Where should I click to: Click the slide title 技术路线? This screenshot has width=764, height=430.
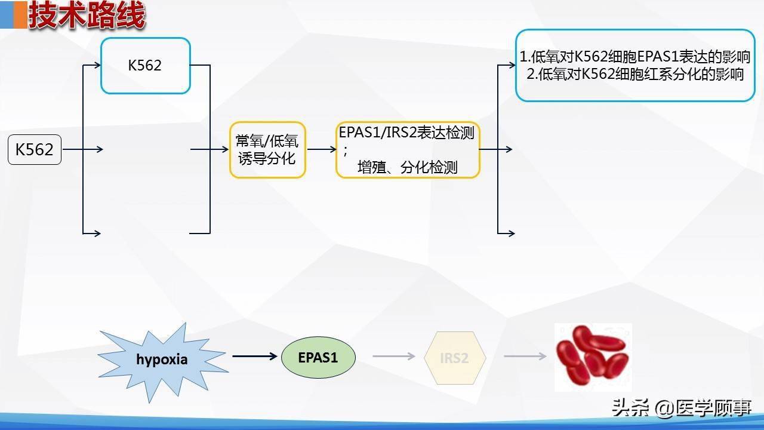pyautogui.click(x=87, y=16)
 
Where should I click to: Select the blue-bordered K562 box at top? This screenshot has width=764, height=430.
pyautogui.click(x=145, y=65)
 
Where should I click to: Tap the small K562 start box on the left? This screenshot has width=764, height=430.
pyautogui.click(x=35, y=149)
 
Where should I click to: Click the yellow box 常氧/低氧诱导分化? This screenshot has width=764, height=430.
pyautogui.click(x=267, y=150)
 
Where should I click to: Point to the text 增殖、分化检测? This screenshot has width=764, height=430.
pyautogui.click(x=407, y=167)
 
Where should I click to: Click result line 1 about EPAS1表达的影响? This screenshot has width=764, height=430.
pyautogui.click(x=635, y=57)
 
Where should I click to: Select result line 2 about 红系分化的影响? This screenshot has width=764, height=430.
pyautogui.click(x=635, y=74)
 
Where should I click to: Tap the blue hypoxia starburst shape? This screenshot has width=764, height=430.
pyautogui.click(x=162, y=359)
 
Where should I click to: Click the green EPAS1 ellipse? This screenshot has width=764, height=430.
pyautogui.click(x=318, y=358)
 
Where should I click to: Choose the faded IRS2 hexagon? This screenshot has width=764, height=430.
pyautogui.click(x=454, y=358)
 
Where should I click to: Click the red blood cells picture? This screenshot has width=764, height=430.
pyautogui.click(x=593, y=357)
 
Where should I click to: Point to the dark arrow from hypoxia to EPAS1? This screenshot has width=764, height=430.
pyautogui.click(x=255, y=357)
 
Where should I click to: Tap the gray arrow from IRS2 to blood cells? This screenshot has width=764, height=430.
pyautogui.click(x=525, y=357)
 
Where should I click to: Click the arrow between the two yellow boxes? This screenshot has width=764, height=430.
pyautogui.click(x=321, y=149)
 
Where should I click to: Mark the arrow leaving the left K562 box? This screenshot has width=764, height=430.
pyautogui.click(x=82, y=149)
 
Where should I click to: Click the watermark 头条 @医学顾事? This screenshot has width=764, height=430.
pyautogui.click(x=681, y=408)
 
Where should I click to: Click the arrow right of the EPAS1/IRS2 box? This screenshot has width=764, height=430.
pyautogui.click(x=495, y=149)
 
